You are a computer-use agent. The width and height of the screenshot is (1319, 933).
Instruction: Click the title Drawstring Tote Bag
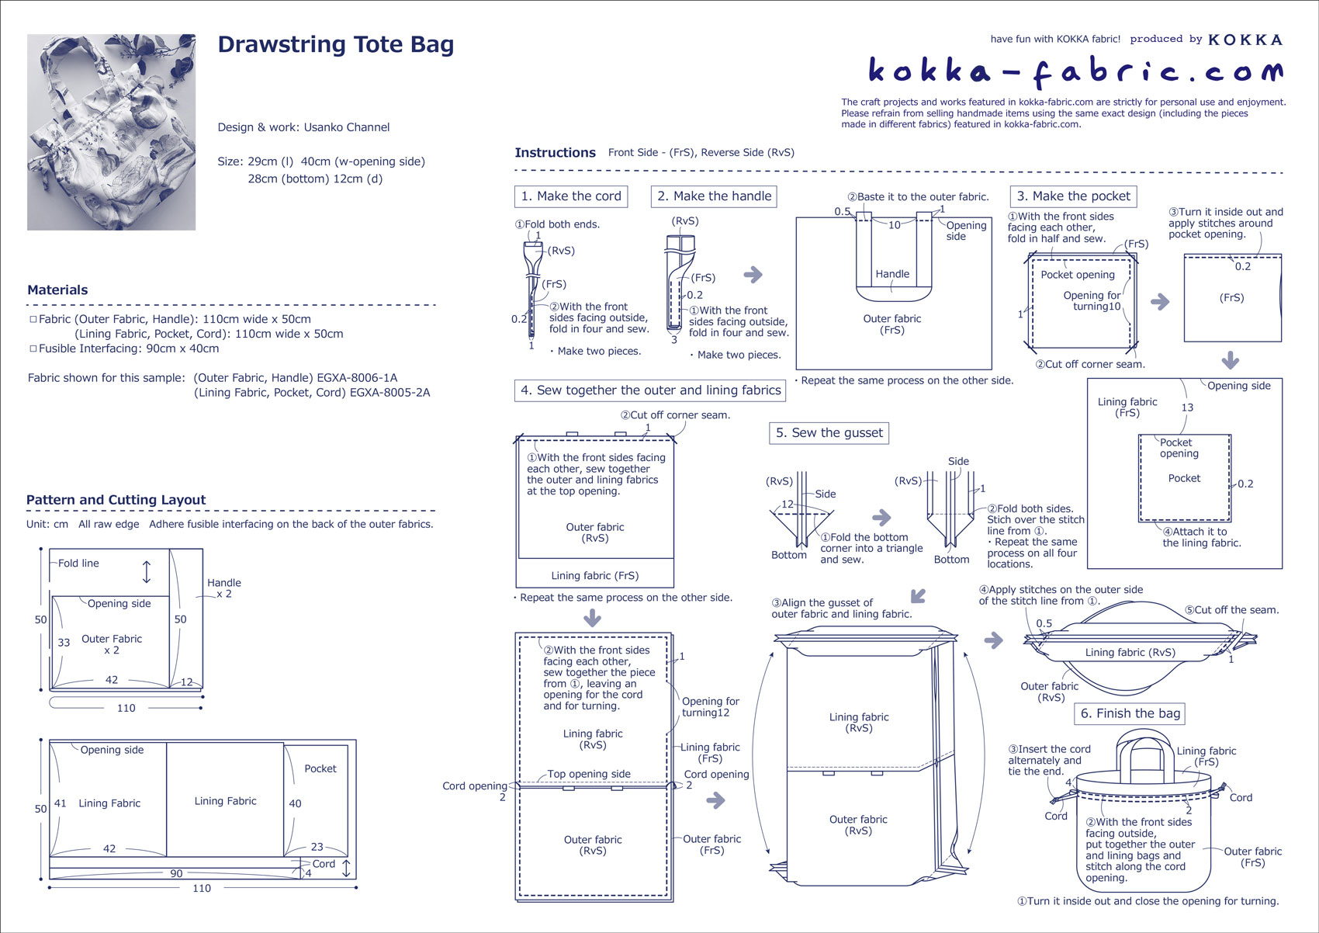point(335,45)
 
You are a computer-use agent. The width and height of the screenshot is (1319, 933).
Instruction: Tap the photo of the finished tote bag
point(111,132)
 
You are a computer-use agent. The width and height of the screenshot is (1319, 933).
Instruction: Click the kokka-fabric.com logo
point(1075,71)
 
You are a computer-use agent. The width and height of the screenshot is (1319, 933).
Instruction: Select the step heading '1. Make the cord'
point(571,196)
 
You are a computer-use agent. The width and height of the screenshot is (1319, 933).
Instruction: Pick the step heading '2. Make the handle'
point(714,196)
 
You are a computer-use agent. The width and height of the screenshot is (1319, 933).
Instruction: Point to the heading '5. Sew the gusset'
point(829,433)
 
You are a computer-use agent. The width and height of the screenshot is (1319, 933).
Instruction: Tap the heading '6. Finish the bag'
point(1130,713)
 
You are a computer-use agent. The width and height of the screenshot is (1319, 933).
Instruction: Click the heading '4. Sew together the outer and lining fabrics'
point(650,390)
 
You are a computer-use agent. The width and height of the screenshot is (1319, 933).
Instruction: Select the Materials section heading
point(57,290)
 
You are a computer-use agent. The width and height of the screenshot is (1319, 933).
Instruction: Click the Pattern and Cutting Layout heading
point(116,500)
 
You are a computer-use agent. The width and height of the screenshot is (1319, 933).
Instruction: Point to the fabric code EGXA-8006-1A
point(357,378)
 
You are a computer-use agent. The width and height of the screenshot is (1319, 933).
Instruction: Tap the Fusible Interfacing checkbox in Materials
point(33,349)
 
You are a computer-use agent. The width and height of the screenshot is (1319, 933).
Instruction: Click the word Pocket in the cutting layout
point(320,768)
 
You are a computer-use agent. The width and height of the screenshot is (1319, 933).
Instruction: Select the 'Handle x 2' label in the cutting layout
point(224,588)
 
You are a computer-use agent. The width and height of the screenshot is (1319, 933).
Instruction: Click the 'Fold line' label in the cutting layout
point(78,564)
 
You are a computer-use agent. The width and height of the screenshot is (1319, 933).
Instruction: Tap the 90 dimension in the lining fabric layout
point(176,873)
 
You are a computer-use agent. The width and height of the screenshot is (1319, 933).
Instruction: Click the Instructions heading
point(555,153)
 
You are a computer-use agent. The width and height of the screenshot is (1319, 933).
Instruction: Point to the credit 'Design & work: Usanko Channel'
point(303,127)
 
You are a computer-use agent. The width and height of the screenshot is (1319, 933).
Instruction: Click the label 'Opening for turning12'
point(709,706)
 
